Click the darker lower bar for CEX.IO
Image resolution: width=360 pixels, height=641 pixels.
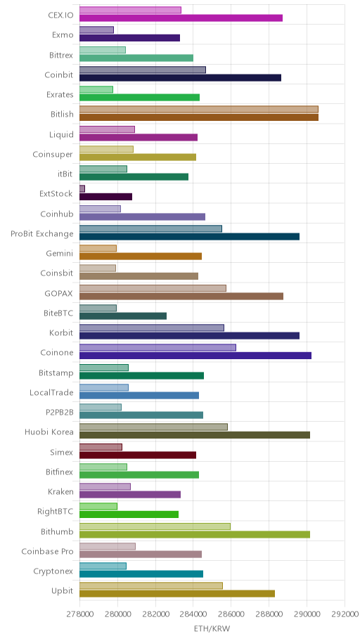pos(181,18)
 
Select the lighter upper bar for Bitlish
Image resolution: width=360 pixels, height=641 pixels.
pos(199,109)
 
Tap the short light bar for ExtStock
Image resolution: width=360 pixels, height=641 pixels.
pos(82,188)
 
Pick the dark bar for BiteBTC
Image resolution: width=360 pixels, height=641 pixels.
pos(123,316)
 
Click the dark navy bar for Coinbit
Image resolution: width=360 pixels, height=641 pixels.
pos(180,78)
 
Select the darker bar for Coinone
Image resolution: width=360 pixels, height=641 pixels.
pos(195,356)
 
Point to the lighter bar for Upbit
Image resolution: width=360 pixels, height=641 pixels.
pos(151,585)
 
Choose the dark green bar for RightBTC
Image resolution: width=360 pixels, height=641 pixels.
pos(129,514)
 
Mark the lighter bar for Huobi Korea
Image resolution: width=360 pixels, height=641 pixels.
pos(153,427)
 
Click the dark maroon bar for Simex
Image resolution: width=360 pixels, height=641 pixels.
pos(137,455)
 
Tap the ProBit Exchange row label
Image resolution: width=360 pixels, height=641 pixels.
pos(42,234)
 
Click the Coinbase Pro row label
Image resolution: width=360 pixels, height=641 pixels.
pos(47,552)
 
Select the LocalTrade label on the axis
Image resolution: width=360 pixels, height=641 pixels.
pos(51,392)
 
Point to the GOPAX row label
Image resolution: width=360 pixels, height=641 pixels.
pos(59,293)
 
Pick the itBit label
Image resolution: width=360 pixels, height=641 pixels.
pos(65,174)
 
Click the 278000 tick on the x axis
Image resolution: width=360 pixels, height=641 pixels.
pos(79,614)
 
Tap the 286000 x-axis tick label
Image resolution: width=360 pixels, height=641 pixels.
pos(231,614)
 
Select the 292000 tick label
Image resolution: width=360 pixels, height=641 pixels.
pos(345,614)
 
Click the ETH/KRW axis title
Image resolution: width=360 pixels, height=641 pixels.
pos(212,629)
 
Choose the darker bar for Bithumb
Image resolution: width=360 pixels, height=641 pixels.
pos(195,534)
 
